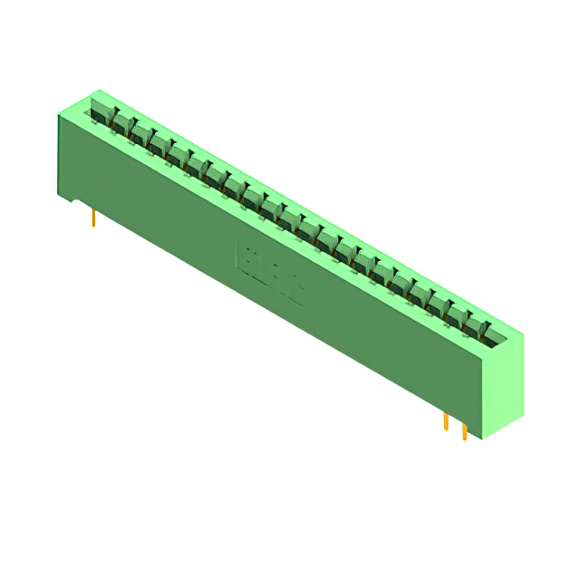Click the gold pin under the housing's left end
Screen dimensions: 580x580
[x=93, y=217]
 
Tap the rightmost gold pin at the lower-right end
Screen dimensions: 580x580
[x=465, y=430]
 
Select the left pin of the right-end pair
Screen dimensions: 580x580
[x=446, y=421]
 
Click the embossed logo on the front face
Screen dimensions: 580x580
[x=269, y=269]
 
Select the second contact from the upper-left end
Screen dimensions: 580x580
[x=121, y=123]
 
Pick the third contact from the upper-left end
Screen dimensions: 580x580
[x=140, y=133]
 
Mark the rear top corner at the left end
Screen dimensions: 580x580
[x=99, y=91]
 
